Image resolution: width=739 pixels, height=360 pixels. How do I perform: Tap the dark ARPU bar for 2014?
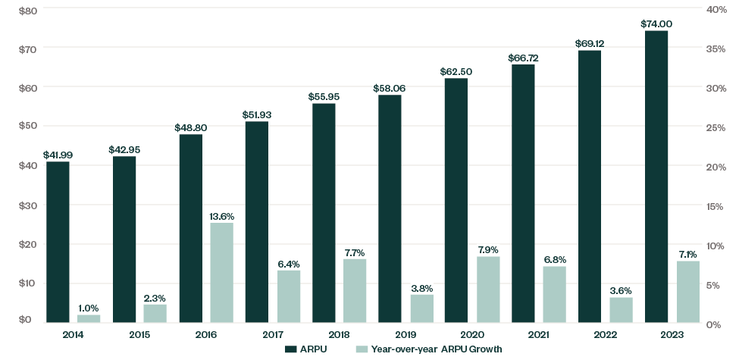58,242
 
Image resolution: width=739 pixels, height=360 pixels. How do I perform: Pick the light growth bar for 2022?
621,310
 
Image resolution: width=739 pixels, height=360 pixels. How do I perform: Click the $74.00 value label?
656,23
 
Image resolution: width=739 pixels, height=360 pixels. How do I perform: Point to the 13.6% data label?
221,216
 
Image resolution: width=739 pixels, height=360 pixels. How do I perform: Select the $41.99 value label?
58,155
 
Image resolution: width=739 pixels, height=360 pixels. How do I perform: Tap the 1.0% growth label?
89,308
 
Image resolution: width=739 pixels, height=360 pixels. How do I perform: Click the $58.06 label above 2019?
390,88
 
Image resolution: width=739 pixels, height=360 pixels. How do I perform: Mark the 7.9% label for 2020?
487,249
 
